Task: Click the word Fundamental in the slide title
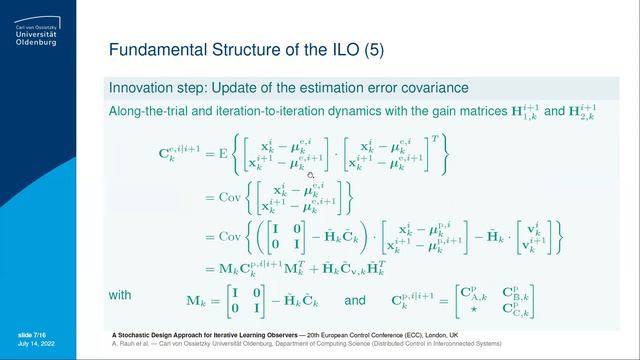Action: coord(151,48)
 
